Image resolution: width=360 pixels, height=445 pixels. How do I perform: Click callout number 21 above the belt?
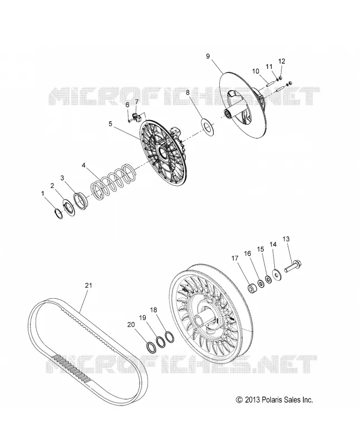88,285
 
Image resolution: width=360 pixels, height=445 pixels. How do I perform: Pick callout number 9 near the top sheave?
208,56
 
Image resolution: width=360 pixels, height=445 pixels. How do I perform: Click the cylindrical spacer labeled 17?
253,288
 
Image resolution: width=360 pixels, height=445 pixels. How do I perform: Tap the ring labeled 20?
151,347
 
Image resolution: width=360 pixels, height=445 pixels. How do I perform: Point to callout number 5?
110,124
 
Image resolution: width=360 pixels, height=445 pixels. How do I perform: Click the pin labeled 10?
270,85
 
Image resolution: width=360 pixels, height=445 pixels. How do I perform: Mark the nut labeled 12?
280,78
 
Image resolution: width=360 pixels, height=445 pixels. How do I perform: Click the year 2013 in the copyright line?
253,400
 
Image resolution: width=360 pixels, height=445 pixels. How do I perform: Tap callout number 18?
154,310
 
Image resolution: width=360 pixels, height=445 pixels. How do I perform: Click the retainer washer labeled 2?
68,209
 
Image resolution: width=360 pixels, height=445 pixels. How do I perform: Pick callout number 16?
248,254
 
